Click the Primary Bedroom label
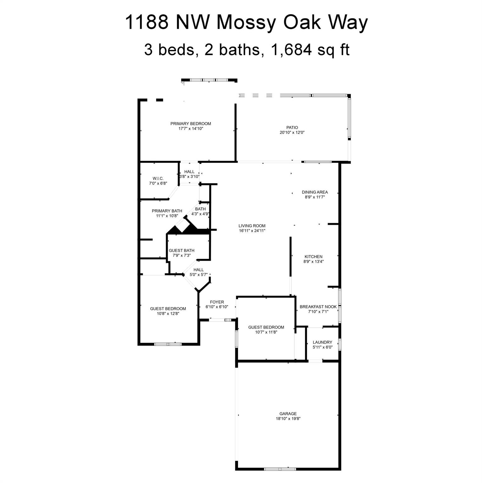click(x=191, y=124)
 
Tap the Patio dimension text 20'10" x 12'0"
click(x=292, y=132)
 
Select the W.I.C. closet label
click(x=158, y=178)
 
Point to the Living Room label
click(x=252, y=226)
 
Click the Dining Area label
click(x=315, y=192)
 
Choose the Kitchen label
click(x=313, y=257)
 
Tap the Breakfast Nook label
click(x=318, y=307)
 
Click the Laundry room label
click(x=322, y=342)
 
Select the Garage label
click(x=288, y=414)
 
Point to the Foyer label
click(x=217, y=302)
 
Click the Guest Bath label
click(x=181, y=251)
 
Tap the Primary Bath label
click(x=167, y=211)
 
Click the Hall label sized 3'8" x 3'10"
click(x=189, y=172)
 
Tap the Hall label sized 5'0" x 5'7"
click(x=198, y=270)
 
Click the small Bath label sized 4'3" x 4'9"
click(x=200, y=209)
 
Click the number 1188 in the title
click(x=146, y=23)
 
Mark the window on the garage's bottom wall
click(x=280, y=469)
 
